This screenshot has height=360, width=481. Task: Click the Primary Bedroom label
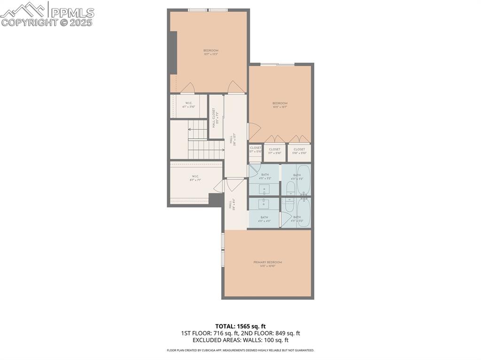268,264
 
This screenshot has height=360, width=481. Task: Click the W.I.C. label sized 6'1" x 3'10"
188,105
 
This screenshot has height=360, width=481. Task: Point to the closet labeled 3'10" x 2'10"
299,151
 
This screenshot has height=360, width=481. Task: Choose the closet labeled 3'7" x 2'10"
275,151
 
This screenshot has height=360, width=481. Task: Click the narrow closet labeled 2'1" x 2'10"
256,150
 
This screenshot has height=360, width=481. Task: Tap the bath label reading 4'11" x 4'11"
264,219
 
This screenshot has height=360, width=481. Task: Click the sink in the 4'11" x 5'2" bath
264,190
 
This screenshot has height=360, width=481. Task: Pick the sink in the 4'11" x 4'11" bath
264,203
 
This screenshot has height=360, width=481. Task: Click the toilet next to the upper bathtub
290,189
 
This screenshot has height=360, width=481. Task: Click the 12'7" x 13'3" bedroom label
211,52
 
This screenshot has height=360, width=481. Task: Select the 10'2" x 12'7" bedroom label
279,105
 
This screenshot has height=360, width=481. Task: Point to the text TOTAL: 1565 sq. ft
240,326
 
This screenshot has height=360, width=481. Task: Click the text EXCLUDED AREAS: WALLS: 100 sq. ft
240,340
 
